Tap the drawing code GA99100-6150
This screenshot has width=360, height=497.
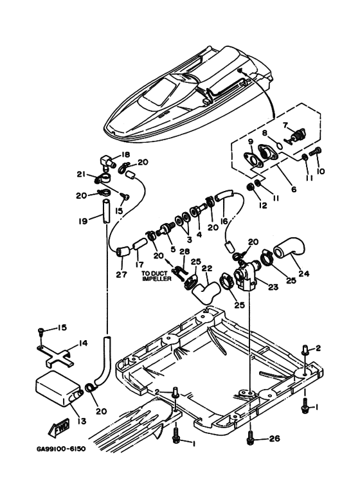point(61,449)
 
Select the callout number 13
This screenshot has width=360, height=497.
point(82,420)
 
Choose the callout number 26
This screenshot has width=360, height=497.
point(274,439)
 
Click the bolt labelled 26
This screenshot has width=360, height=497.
point(250,437)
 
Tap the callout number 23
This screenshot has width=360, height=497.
point(273,287)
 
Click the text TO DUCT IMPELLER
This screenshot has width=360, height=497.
point(156,276)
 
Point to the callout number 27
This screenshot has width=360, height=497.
point(121,275)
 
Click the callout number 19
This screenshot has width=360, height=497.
point(83,221)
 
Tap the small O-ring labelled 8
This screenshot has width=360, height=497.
point(279,145)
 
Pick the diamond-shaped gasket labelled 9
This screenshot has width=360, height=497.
point(252,159)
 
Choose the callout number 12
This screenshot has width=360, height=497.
point(263,205)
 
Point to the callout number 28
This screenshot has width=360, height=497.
point(184,251)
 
